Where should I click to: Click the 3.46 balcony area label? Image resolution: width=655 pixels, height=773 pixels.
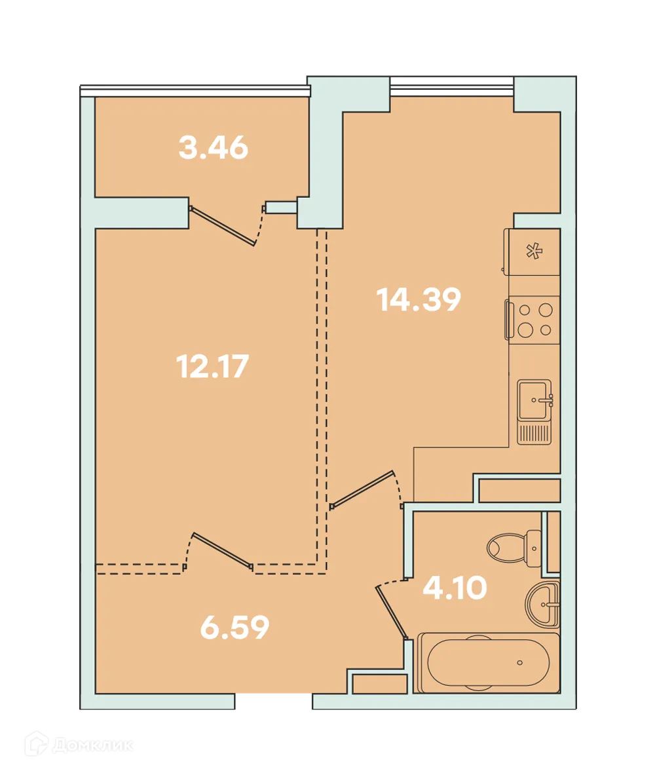click(x=214, y=147)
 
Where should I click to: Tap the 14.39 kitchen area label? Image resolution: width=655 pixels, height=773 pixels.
click(x=419, y=299)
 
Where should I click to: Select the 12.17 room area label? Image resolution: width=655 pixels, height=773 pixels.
click(x=212, y=367)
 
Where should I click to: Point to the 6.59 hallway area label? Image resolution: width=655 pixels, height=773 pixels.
click(x=234, y=627)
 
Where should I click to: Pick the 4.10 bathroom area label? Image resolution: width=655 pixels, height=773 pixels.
click(x=455, y=588)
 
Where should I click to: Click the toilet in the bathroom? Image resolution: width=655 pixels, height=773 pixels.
click(x=514, y=548)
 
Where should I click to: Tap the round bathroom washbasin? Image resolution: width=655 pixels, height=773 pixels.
click(x=542, y=603)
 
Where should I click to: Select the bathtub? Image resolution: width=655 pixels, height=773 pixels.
click(x=489, y=662)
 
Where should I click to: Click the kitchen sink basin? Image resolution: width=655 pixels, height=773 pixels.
click(x=534, y=400)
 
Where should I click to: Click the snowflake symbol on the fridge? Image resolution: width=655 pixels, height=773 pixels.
click(x=534, y=252)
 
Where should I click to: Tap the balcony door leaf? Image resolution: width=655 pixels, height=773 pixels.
click(x=223, y=226)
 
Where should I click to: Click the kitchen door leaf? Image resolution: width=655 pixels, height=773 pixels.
click(x=362, y=489)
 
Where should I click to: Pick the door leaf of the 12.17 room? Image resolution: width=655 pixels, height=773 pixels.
click(x=223, y=551)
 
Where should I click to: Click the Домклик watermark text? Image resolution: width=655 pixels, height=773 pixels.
click(x=92, y=745)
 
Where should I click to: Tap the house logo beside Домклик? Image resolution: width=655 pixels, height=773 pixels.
click(x=37, y=744)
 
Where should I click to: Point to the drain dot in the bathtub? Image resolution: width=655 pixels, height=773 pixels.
click(x=519, y=663)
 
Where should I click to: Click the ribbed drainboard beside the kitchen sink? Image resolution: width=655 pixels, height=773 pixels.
click(x=534, y=433)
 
